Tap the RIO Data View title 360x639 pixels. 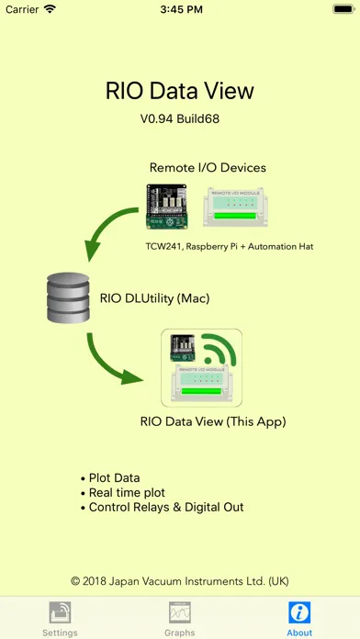point(180,91)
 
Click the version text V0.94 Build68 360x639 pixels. point(180,118)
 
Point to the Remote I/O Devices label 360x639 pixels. point(208,168)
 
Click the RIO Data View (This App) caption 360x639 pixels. point(213,422)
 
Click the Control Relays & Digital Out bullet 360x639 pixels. point(165,506)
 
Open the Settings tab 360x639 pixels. point(60,618)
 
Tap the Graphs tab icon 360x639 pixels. point(180,612)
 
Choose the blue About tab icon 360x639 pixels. point(299,612)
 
